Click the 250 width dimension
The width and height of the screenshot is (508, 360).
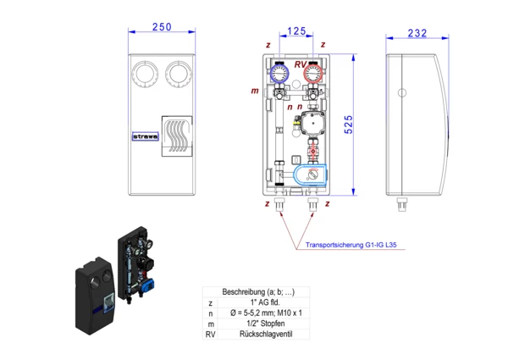click(x=161, y=27)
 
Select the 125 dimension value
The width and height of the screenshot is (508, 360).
click(x=296, y=31)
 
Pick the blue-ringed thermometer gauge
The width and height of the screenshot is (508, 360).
click(x=280, y=74)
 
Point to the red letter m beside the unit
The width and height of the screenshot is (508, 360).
click(x=255, y=90)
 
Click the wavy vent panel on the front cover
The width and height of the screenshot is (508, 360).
click(x=176, y=137)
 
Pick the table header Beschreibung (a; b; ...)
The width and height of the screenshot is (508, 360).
click(x=265, y=291)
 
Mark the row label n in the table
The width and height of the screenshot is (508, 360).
click(x=210, y=312)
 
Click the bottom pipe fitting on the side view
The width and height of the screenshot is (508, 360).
click(x=402, y=204)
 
